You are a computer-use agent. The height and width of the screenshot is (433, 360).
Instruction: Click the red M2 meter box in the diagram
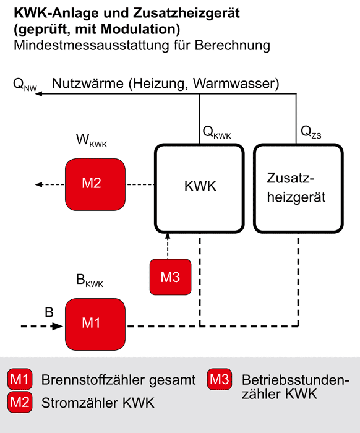95,184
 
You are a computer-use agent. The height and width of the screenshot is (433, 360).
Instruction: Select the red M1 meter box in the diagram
95,324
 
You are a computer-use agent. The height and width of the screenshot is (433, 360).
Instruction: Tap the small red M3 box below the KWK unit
170,277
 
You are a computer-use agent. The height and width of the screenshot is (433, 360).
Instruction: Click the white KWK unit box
199,188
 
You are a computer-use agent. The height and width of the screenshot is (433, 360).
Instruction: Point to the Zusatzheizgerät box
298,188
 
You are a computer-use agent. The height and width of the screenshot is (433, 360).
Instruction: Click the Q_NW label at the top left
25,84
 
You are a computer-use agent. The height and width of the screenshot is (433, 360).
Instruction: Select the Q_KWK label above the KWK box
216,132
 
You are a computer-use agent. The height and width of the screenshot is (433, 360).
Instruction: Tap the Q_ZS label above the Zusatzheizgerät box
311,132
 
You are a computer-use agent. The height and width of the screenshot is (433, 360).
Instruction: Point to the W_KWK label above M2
92,140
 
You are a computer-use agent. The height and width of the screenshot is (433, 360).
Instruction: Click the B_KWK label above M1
90,280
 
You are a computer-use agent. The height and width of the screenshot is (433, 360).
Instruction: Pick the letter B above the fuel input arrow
49,312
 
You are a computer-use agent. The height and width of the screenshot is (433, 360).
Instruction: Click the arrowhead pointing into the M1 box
58,327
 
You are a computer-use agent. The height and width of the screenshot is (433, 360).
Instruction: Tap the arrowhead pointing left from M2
38,184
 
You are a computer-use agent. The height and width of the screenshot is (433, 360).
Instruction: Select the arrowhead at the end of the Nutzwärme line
38,94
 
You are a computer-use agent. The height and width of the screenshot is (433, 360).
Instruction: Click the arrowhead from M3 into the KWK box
168,236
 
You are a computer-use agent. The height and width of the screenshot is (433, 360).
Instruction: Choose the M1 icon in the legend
20,379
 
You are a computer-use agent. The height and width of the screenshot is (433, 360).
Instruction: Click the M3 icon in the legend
220,379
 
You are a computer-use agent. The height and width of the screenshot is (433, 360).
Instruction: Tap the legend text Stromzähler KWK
98,403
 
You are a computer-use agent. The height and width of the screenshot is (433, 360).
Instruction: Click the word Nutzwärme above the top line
88,84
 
